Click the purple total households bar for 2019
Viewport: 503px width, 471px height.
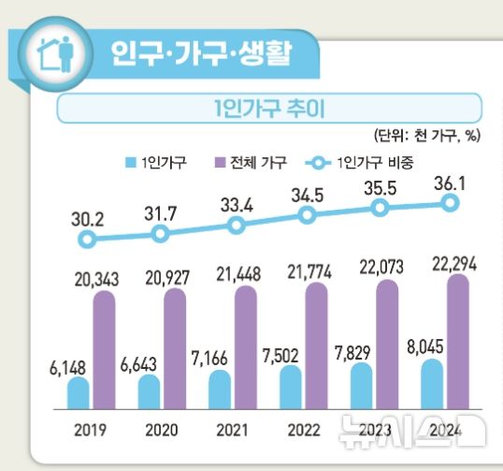104,352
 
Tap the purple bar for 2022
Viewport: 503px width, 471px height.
317,347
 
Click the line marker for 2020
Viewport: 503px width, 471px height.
162,233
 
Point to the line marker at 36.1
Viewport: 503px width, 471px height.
452,202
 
